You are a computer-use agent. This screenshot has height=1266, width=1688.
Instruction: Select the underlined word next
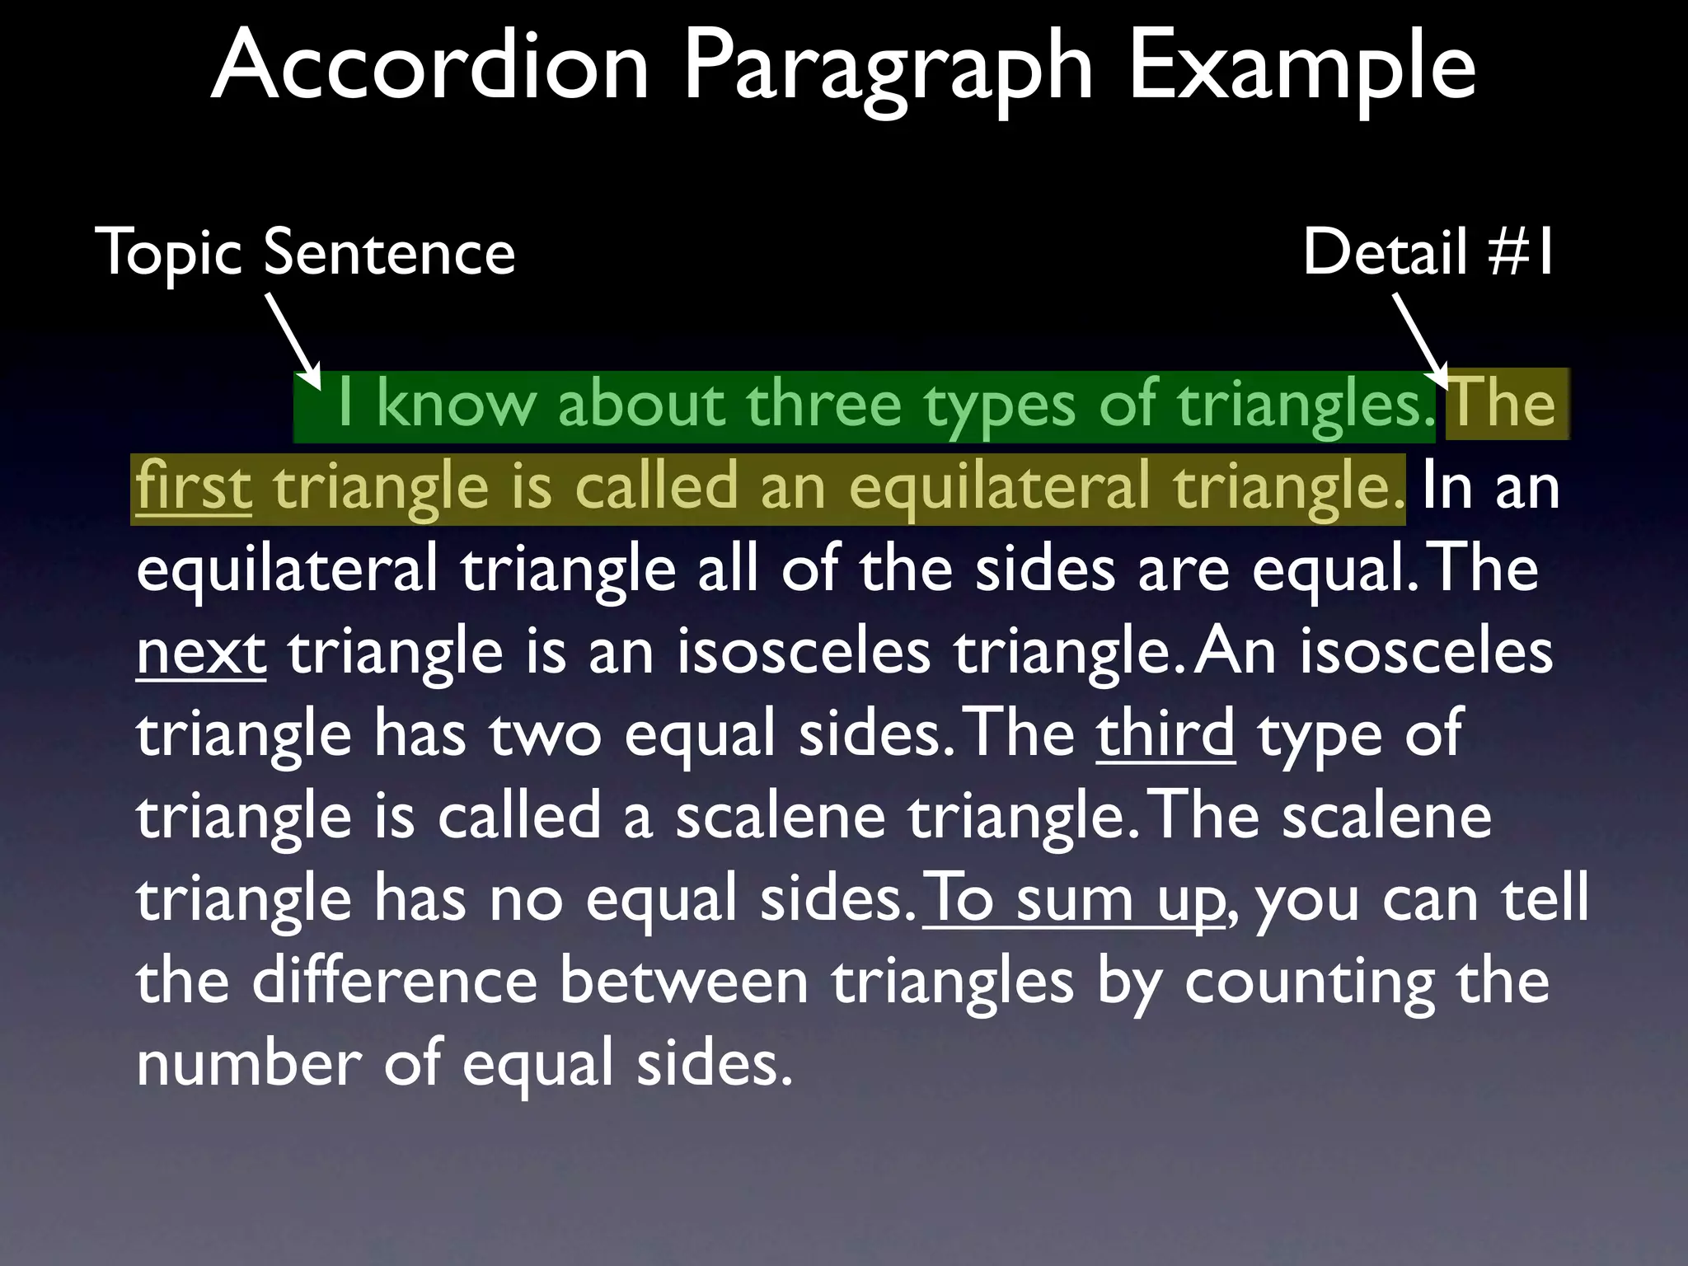[x=201, y=652]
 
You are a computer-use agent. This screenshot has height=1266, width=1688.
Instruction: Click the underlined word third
[x=1165, y=734]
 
